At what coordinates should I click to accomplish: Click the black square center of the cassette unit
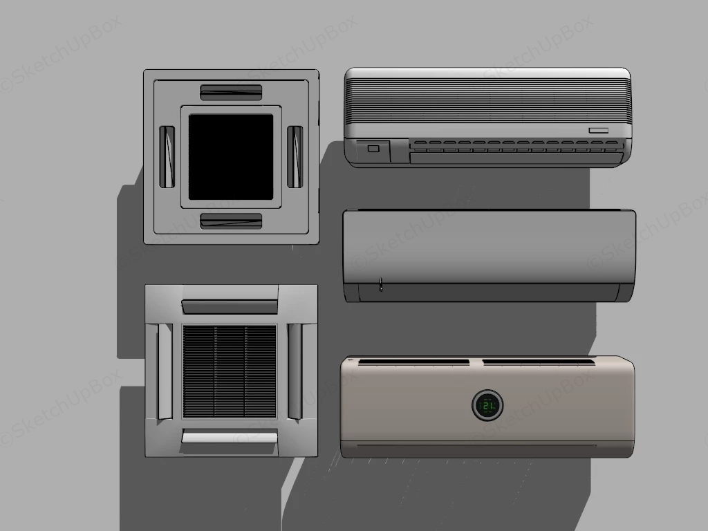click(231, 157)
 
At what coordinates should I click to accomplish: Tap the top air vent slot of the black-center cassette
click(231, 92)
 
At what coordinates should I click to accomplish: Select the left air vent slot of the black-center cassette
click(167, 156)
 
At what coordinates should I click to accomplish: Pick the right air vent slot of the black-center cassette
click(295, 156)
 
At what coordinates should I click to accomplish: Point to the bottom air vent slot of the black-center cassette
click(231, 221)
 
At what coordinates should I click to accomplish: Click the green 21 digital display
click(487, 406)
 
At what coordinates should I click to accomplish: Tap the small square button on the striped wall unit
click(373, 148)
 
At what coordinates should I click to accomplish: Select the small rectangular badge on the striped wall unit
click(598, 130)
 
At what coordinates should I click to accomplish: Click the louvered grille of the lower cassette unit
click(230, 371)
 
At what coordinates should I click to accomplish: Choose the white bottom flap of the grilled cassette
click(230, 436)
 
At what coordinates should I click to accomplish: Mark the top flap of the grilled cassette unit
click(230, 306)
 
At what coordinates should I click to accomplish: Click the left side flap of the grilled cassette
click(165, 371)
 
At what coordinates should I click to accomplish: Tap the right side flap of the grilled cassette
click(295, 371)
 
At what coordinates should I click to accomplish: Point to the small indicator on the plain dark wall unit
click(380, 284)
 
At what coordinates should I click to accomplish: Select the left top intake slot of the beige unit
click(413, 362)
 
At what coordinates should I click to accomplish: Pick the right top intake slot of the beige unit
click(538, 362)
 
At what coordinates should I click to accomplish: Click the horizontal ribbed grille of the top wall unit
click(487, 100)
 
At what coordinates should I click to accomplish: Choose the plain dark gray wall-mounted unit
click(489, 254)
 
